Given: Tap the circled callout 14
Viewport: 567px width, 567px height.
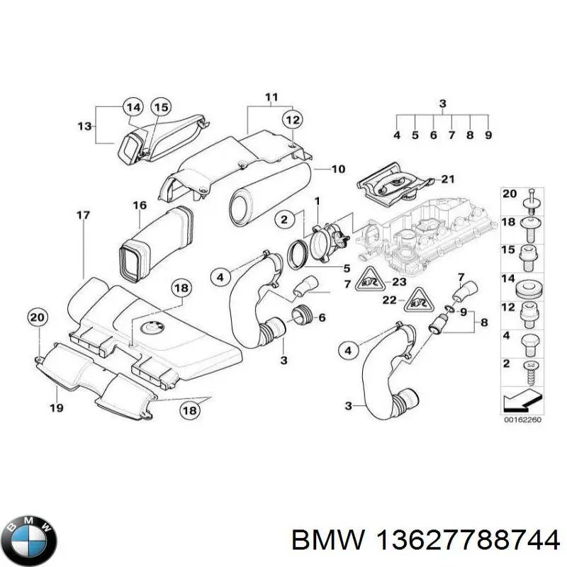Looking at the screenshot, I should [x=132, y=108].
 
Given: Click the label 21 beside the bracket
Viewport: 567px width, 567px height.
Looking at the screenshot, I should [x=449, y=178].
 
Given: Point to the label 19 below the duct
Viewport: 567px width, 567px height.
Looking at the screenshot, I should [x=57, y=408].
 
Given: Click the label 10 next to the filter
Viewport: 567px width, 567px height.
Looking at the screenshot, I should [x=338, y=169].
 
